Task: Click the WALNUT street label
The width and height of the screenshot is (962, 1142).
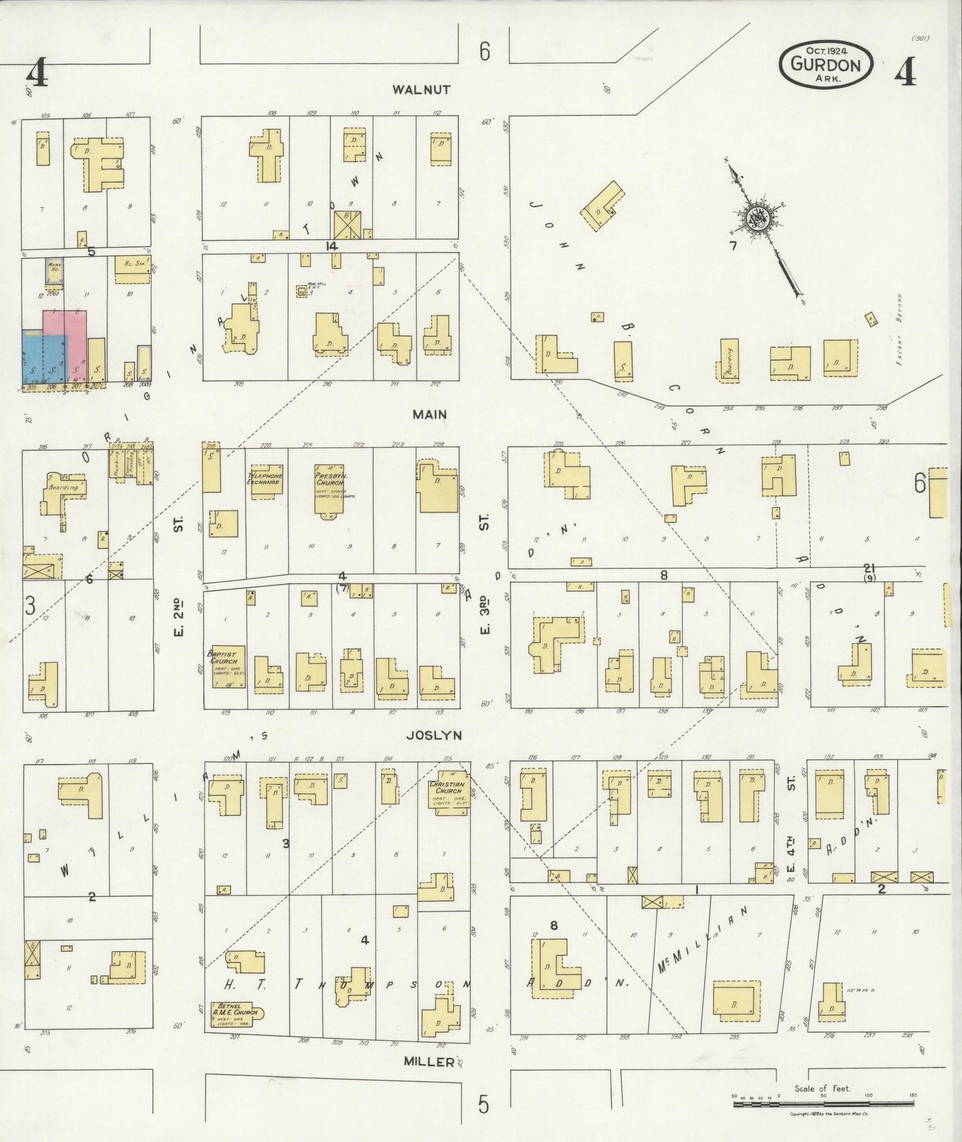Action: coord(421,89)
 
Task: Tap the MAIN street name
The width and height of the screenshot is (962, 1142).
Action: coord(429,414)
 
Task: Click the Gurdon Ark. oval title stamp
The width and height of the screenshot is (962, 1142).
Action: coord(826,64)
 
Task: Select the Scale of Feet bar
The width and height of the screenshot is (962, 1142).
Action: coord(824,1104)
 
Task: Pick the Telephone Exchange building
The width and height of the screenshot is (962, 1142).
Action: coord(266,479)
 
